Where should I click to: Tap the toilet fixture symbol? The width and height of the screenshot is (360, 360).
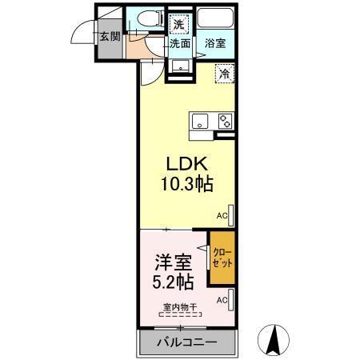click(150, 18)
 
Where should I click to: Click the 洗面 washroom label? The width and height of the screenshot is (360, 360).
click(179, 43)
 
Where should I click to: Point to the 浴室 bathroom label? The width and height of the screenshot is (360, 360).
click(214, 43)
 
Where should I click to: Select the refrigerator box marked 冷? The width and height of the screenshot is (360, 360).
click(225, 74)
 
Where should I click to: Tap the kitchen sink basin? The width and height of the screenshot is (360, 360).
click(200, 121)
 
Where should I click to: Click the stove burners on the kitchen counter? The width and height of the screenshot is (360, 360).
click(225, 122)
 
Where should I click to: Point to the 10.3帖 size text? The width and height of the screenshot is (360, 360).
click(185, 185)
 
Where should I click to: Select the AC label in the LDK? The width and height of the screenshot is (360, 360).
click(222, 215)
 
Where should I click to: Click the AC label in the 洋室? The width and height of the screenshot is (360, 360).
click(222, 299)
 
